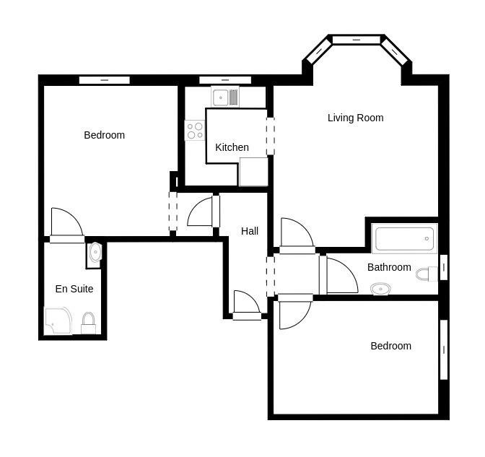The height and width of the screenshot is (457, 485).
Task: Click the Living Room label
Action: click(x=355, y=118)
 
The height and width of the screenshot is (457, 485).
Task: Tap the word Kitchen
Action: click(x=232, y=147)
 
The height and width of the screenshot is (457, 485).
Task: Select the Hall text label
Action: click(x=250, y=231)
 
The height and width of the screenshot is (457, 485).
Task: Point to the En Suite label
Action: click(x=74, y=289)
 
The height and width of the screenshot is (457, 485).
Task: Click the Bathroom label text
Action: click(x=389, y=267)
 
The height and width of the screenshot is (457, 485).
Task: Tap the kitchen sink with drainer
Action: click(x=225, y=96)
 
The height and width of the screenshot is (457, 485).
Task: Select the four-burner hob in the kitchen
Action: click(x=195, y=130)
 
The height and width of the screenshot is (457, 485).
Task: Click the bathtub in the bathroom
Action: click(x=404, y=238)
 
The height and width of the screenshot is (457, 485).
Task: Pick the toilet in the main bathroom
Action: click(x=427, y=274)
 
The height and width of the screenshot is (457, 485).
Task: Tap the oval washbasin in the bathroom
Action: click(x=380, y=289)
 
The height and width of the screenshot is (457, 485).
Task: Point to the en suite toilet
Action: click(x=89, y=322)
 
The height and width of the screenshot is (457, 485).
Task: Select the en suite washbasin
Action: click(x=95, y=253)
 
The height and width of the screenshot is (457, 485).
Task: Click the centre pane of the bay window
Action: click(x=357, y=39)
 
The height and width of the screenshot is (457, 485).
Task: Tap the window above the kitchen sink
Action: click(x=225, y=79)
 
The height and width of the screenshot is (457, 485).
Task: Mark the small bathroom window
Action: click(x=443, y=267)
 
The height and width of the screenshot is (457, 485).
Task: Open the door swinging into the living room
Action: click(x=296, y=235)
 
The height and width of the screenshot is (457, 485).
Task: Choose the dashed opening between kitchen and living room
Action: click(x=271, y=136)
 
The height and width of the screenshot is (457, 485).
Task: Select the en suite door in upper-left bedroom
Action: click(x=66, y=224)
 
